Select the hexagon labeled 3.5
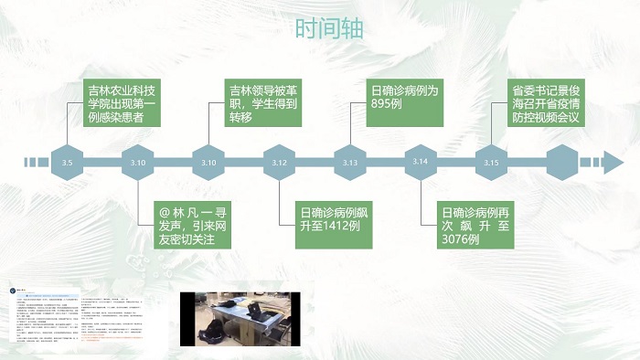click(x=67, y=163)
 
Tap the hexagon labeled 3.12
click(x=280, y=163)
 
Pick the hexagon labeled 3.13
click(x=350, y=163)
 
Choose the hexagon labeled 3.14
click(x=421, y=162)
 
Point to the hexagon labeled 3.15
click(x=491, y=163)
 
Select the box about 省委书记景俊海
click(x=545, y=103)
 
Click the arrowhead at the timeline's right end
click(x=611, y=163)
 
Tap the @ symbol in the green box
click(x=165, y=209)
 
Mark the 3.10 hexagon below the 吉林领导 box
click(x=208, y=163)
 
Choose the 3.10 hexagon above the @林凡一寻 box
click(x=138, y=163)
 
